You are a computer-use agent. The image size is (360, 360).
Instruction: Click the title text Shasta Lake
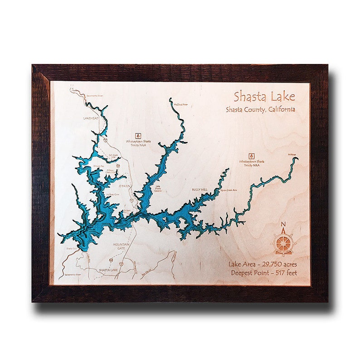264,97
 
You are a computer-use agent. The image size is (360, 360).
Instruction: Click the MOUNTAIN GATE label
121,246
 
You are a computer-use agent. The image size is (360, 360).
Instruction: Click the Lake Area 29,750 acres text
262,264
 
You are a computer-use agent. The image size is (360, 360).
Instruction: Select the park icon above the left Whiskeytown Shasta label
139,135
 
